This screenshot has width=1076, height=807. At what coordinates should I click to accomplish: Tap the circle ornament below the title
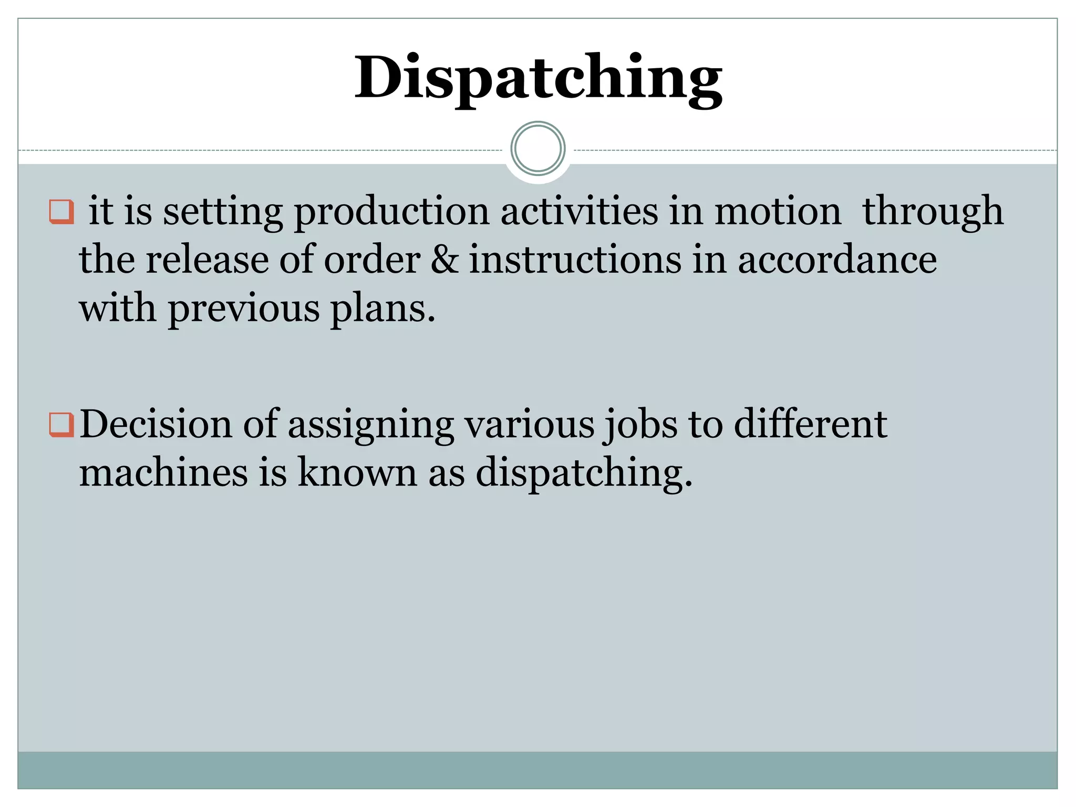click(x=538, y=149)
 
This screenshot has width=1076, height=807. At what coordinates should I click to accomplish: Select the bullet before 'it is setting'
click(x=61, y=211)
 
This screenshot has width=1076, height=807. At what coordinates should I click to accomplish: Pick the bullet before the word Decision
click(x=61, y=425)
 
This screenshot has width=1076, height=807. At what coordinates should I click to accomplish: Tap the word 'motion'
click(x=778, y=211)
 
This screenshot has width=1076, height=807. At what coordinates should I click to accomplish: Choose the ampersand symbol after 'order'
click(x=444, y=260)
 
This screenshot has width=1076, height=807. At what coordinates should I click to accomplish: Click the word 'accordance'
click(x=837, y=260)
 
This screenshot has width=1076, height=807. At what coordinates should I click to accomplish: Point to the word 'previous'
click(x=244, y=309)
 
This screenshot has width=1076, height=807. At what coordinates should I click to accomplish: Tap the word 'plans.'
click(x=383, y=309)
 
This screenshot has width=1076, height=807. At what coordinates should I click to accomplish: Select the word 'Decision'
click(x=156, y=424)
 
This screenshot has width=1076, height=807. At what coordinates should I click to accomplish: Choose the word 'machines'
click(x=163, y=472)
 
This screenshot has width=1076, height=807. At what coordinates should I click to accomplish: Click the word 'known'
click(x=357, y=472)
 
